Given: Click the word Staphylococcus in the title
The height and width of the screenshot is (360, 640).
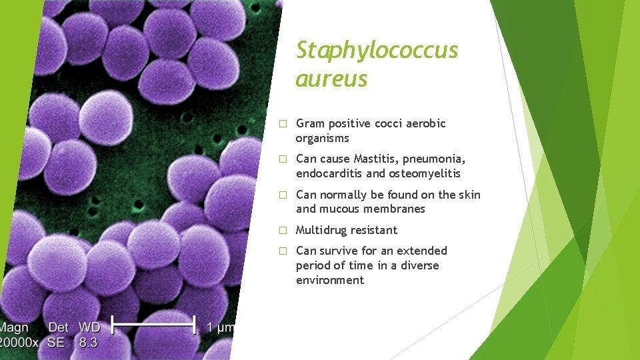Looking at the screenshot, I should (x=377, y=50).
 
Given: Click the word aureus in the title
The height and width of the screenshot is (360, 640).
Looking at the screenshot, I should (x=331, y=79).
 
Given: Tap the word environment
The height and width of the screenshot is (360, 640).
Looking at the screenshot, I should (x=330, y=280).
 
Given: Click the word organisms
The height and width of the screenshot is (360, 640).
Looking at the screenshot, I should (x=323, y=138).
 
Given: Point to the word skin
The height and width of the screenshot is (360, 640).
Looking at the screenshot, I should (x=469, y=195).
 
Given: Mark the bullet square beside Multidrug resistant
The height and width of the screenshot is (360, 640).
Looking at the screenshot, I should (x=283, y=231).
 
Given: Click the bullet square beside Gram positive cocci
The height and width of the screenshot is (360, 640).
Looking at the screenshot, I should (x=283, y=124).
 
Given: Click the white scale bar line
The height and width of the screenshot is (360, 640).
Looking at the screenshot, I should (x=153, y=326).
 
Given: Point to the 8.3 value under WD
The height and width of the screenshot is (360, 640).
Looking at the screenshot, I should (x=87, y=343).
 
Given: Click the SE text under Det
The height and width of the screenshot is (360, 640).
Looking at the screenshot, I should (x=57, y=343).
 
